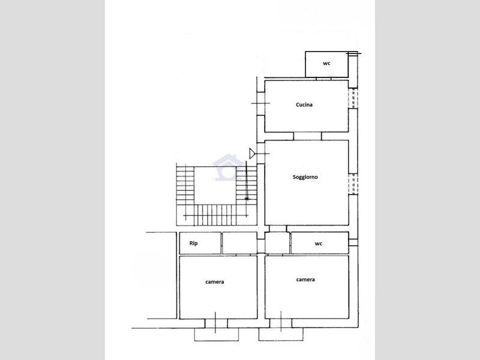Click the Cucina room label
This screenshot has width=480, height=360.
click(304, 104)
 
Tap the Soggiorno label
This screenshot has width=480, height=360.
click(305, 177)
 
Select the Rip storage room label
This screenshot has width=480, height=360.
click(193, 244)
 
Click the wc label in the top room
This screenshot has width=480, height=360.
click(326, 64)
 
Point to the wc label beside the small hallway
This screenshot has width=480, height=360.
click(319, 244)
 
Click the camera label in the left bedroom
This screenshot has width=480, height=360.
click(215, 282)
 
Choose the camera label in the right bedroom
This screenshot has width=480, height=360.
click(305, 280)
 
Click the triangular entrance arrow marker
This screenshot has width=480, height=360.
click(252, 154)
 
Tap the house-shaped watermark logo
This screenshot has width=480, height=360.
click(229, 167)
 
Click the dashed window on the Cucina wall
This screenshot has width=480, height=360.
click(353, 98)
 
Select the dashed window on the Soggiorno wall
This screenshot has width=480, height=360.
click(353, 184)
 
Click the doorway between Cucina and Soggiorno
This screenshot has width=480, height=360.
click(307, 136)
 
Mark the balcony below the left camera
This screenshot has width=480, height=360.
click(217, 335)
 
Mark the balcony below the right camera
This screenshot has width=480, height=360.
click(281, 334)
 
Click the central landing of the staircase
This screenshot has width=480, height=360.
click(215, 185)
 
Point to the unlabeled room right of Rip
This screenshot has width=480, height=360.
click(239, 243)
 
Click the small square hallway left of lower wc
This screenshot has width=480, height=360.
click(277, 243)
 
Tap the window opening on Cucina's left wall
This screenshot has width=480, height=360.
click(261, 103)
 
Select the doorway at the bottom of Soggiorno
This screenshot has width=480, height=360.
click(278, 229)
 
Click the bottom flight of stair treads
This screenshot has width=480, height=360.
click(215, 215)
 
